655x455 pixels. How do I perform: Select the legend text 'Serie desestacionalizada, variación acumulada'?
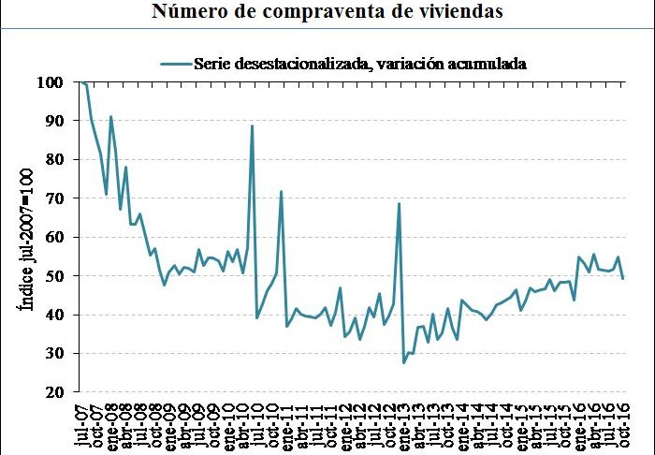360,64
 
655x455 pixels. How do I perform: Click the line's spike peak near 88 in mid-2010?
253,125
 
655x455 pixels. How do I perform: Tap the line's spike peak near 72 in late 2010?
282,191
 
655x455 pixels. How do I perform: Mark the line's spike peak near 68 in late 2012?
399,203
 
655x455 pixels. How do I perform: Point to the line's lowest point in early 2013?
404,362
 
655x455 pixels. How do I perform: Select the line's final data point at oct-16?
623,278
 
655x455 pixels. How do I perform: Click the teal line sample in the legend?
175,64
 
